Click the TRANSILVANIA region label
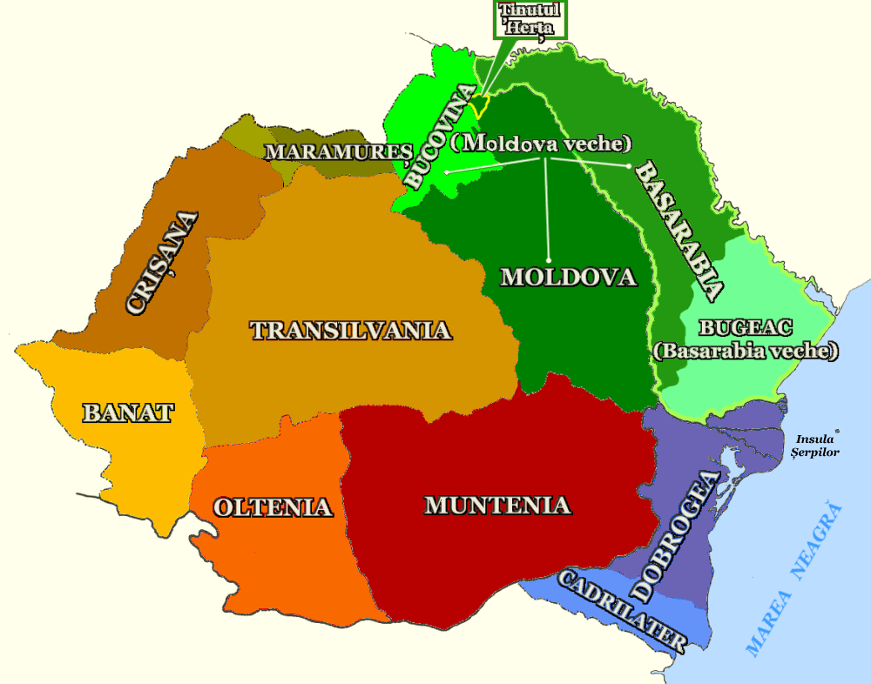pyautogui.click(x=350, y=331)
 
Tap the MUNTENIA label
pyautogui.click(x=496, y=505)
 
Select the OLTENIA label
pyautogui.click(x=273, y=506)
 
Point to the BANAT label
pyautogui.click(x=128, y=412)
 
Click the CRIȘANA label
pyautogui.click(x=162, y=262)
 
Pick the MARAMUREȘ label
pyautogui.click(x=338, y=151)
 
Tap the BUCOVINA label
pyautogui.click(x=441, y=136)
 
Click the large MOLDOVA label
pyautogui.click(x=569, y=277)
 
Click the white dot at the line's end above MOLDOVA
pyautogui.click(x=550, y=259)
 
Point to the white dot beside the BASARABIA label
pyautogui.click(x=627, y=165)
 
